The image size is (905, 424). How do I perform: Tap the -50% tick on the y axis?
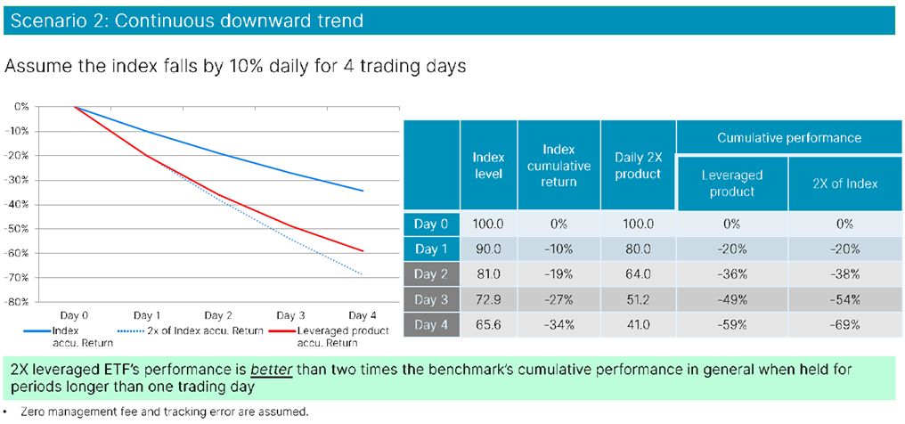click(x=17, y=228)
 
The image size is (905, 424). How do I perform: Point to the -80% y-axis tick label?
click(x=17, y=301)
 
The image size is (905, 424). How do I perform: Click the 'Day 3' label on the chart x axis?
click(x=289, y=315)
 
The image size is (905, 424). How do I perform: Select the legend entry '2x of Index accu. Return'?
click(x=204, y=330)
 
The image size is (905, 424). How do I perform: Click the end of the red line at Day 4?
click(x=363, y=251)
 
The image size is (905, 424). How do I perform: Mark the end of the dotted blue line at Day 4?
click(x=363, y=275)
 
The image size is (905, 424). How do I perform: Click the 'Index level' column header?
click(x=487, y=165)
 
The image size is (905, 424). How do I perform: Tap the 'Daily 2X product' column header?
click(x=638, y=165)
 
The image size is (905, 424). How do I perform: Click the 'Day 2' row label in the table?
click(x=431, y=274)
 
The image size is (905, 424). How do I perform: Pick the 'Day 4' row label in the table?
click(x=431, y=325)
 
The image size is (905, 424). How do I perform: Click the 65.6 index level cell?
click(x=487, y=325)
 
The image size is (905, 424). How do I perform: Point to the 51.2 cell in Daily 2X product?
click(x=638, y=300)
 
